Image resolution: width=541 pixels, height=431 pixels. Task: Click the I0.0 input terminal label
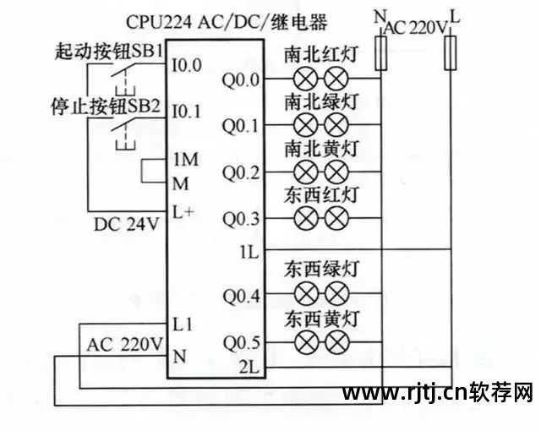tap(187, 63)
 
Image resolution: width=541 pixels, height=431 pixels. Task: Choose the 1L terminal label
tap(248, 251)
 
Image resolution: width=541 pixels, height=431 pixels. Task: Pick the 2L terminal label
tap(248, 367)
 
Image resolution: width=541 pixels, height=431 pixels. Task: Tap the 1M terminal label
tap(184, 159)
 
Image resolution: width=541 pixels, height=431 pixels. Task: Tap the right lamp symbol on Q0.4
tap(337, 296)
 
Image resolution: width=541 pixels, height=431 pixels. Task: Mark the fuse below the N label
tap(380, 52)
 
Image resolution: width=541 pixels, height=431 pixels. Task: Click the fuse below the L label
tap(451, 52)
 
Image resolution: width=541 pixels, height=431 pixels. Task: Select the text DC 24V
tap(127, 225)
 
